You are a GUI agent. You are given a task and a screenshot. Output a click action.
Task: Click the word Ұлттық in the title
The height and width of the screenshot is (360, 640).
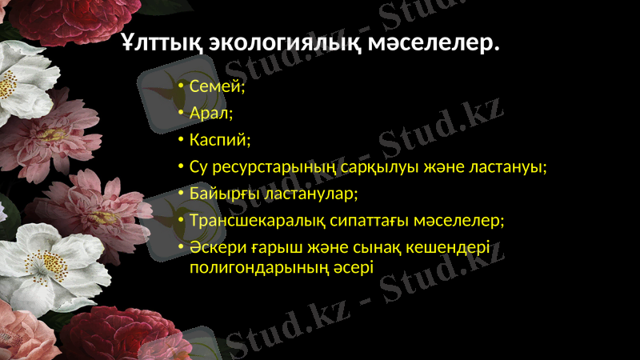tap(161, 42)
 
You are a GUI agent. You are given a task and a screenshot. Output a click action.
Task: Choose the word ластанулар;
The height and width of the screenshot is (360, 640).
tap(307, 194)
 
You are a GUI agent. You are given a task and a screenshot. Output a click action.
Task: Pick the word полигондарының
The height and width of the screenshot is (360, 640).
tap(254, 266)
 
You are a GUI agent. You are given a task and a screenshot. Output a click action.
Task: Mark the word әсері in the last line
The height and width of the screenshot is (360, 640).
tap(349, 266)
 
